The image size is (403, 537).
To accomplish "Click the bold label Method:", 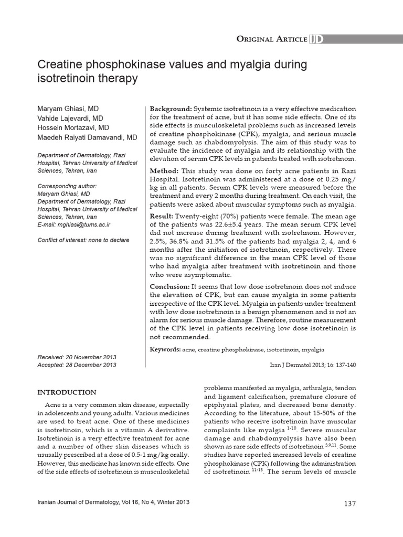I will point(164,171).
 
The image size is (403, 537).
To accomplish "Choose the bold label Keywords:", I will point(165,349).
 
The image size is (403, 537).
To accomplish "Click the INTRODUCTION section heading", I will point(67,392).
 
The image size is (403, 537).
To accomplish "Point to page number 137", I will point(350,504).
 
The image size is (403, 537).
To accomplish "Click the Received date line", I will point(77,357).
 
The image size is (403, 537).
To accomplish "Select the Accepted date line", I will point(77,365).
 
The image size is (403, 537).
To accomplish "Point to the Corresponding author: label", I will point(67,186).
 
